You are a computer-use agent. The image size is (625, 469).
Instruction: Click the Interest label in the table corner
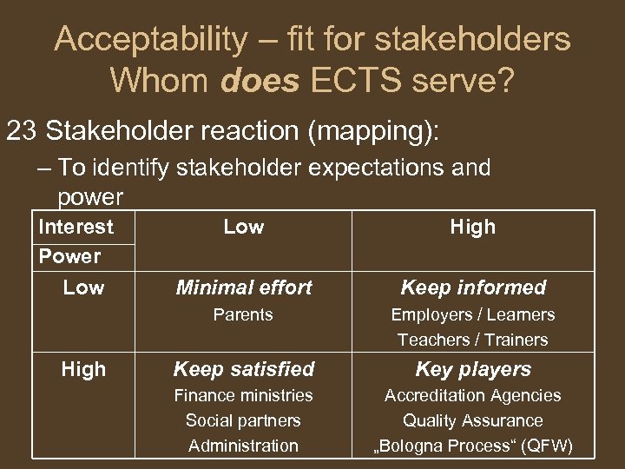click(76, 227)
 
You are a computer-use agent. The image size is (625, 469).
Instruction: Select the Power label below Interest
click(69, 256)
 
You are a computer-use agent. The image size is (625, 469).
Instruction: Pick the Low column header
click(243, 227)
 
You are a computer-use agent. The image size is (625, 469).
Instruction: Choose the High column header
click(472, 227)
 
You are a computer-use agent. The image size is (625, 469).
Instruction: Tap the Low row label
click(83, 287)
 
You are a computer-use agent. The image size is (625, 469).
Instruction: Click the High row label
click(83, 369)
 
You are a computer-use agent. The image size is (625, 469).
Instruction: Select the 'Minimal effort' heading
click(243, 287)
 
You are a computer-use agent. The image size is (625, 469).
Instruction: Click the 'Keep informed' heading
click(472, 287)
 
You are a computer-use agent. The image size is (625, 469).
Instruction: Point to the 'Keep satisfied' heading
click(243, 369)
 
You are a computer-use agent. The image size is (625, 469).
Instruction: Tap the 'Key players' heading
click(472, 369)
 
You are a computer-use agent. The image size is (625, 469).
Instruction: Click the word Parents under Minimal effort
click(243, 314)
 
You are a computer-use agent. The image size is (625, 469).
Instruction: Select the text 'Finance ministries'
click(243, 395)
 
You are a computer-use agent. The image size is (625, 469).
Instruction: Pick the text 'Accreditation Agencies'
click(472, 395)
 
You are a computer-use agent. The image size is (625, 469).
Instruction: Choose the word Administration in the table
click(243, 446)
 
